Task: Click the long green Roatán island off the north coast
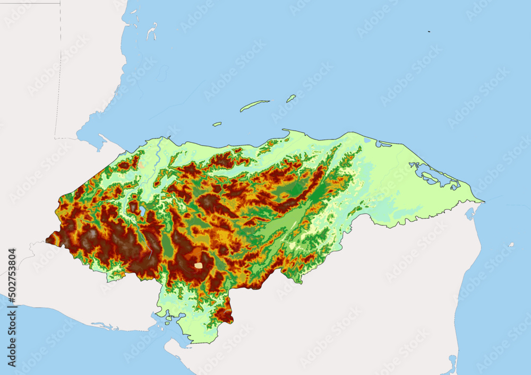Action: [x=254, y=106]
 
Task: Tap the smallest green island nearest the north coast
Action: [x=217, y=124]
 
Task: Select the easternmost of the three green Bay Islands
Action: [x=291, y=98]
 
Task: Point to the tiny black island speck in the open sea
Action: [x=429, y=32]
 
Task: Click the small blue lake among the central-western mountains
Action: [x=143, y=211]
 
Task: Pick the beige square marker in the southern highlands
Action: [x=198, y=265]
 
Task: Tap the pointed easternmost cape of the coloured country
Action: [x=482, y=201]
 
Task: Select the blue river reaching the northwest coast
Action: [x=157, y=154]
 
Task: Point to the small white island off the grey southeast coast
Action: [x=511, y=245]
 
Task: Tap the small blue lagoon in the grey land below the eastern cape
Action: [x=469, y=213]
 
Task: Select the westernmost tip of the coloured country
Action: [x=47, y=241]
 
